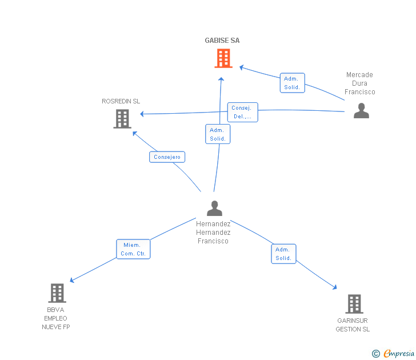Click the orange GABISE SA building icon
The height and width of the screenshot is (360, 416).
[223, 58]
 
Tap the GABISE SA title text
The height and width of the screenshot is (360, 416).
[222, 41]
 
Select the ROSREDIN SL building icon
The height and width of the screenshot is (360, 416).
[122, 118]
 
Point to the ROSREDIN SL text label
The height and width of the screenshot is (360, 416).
[121, 101]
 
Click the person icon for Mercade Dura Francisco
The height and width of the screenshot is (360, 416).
[361, 110]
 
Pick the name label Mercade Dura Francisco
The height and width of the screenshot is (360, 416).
[359, 83]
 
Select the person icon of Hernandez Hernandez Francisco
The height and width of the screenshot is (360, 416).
[214, 208]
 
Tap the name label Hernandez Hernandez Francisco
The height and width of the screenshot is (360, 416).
[213, 233]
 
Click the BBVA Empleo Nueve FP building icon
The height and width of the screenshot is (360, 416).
[57, 293]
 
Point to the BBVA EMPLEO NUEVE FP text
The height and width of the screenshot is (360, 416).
[56, 318]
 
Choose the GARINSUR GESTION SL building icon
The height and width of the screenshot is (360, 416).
[354, 304]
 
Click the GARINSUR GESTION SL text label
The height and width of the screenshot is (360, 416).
[353, 325]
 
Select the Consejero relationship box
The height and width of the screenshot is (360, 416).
[167, 157]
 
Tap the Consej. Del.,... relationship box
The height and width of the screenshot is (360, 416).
[243, 112]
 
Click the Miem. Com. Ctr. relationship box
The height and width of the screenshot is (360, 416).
[133, 249]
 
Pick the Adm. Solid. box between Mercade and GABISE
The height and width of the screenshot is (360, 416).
[292, 83]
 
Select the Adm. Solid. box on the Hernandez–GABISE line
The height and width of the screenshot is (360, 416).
[217, 134]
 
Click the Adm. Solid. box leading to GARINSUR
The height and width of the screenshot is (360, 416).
[283, 254]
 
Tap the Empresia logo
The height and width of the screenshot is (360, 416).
[399, 353]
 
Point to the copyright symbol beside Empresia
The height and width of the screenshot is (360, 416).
[376, 354]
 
